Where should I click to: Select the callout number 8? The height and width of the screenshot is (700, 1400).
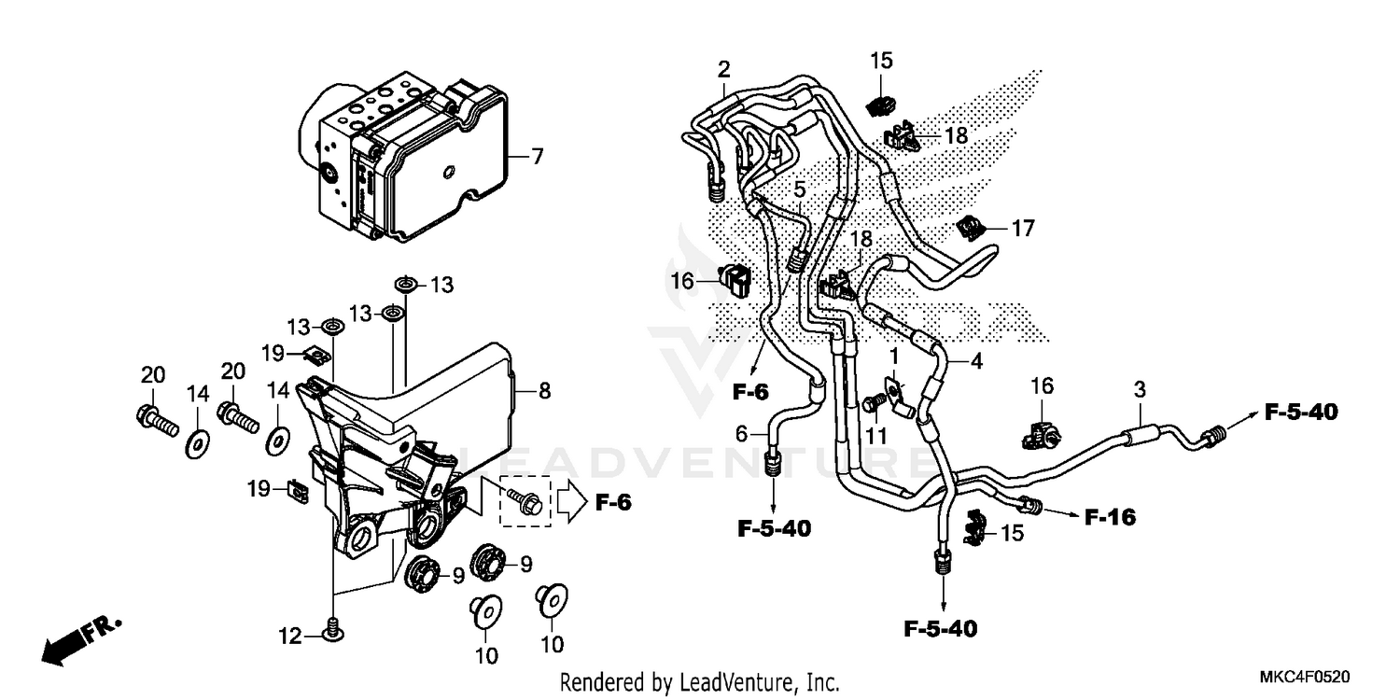544,391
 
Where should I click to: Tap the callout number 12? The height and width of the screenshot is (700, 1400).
289,637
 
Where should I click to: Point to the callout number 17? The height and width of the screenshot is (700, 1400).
1024,227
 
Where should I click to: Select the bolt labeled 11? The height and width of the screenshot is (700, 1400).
874,402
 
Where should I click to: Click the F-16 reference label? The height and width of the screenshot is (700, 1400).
1111,516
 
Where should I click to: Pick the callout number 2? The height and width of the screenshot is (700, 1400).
723,68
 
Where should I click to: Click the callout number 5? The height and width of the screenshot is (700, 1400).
800,190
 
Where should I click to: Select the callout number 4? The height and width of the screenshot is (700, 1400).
976,359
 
